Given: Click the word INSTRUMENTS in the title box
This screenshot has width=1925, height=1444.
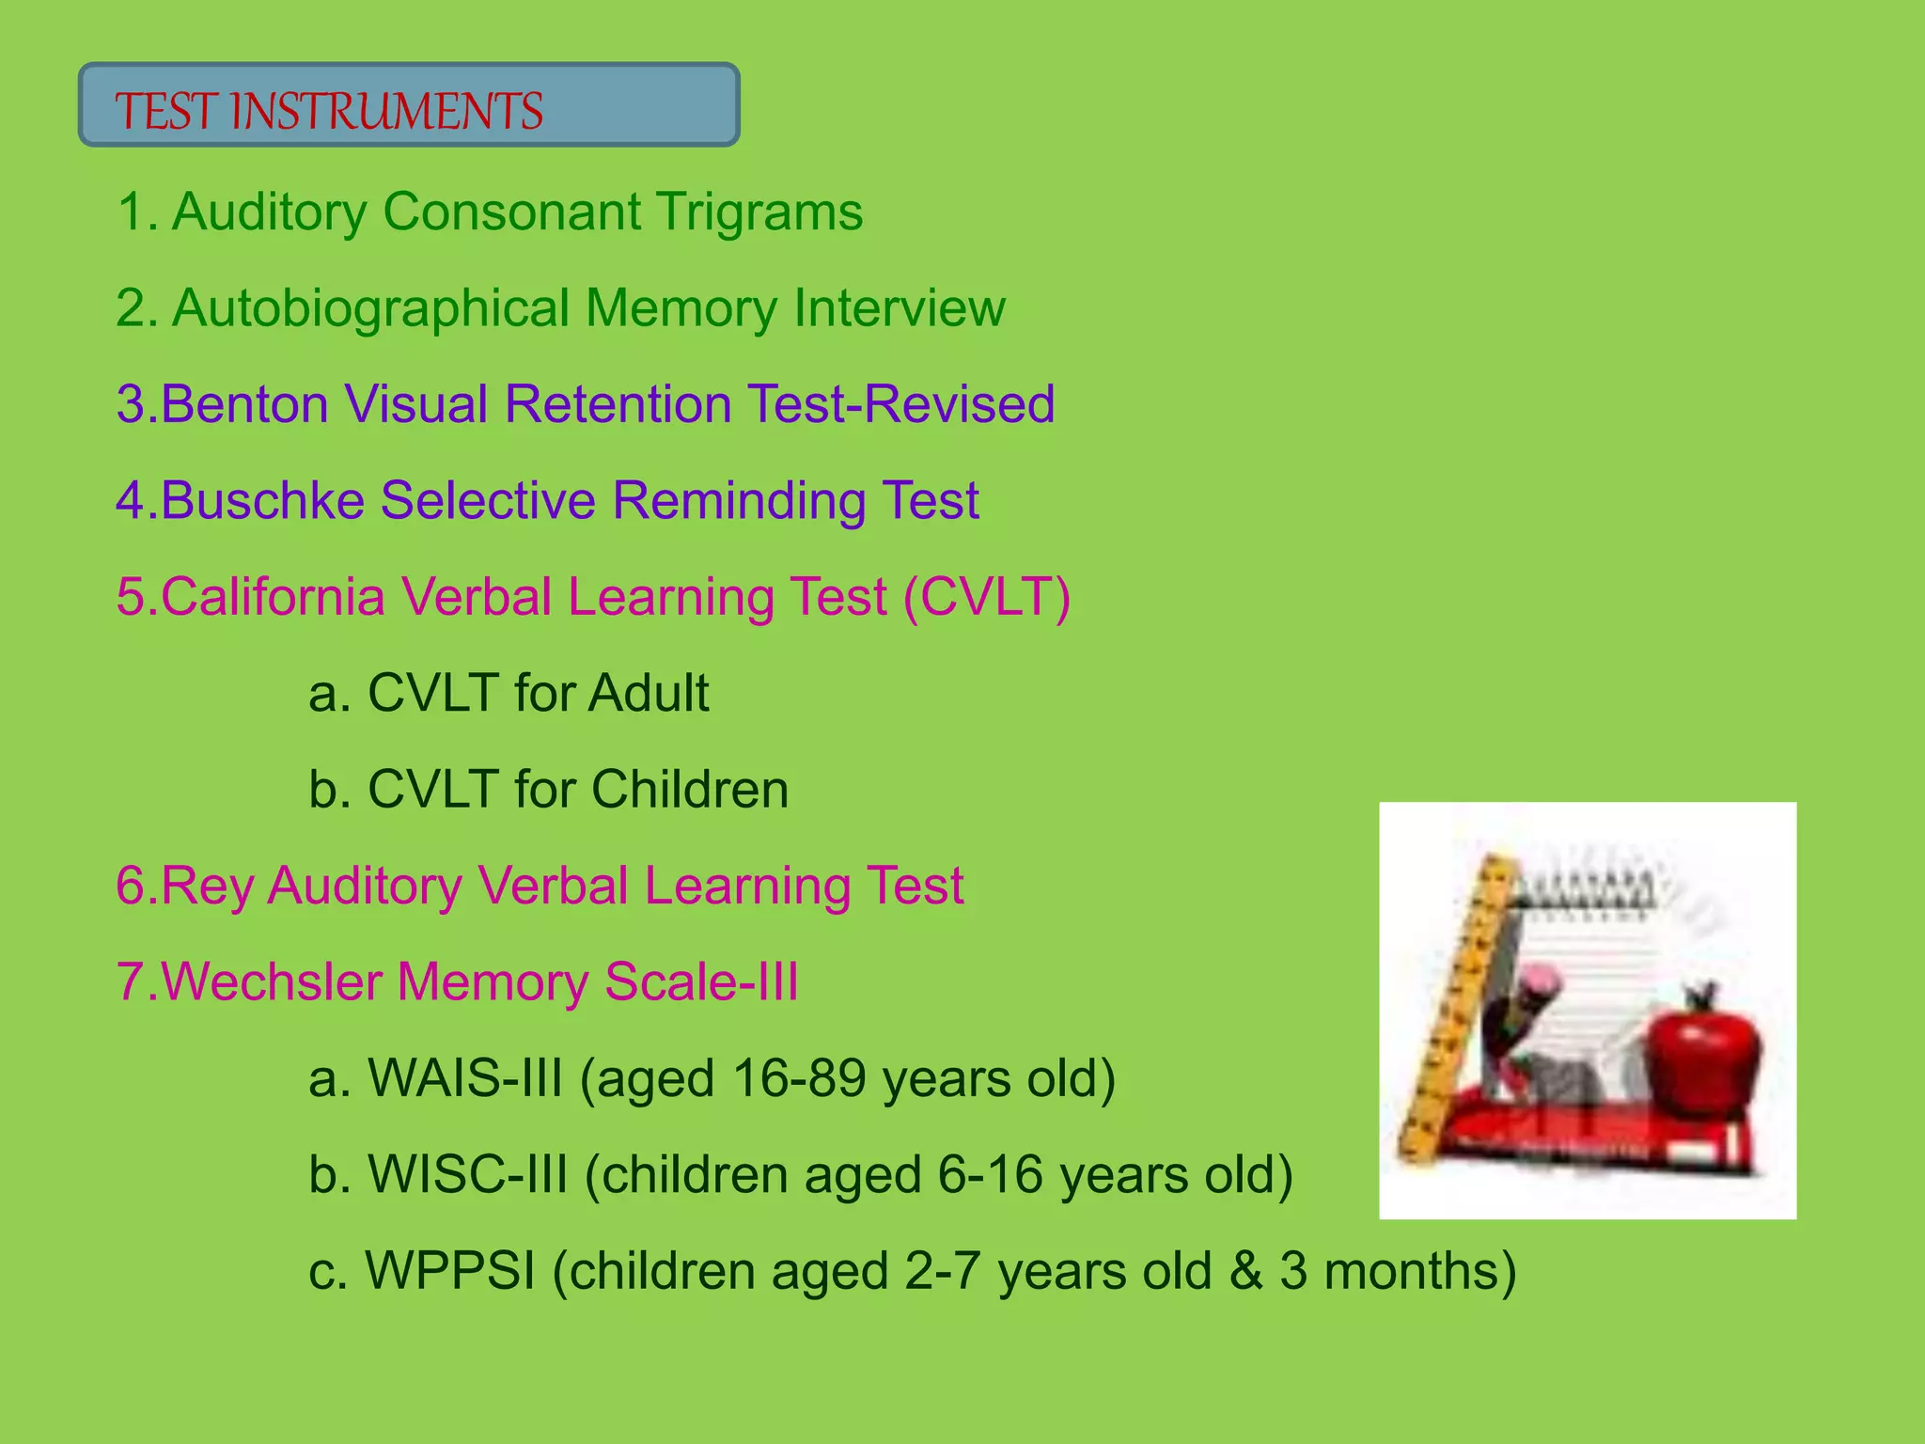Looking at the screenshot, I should tap(386, 111).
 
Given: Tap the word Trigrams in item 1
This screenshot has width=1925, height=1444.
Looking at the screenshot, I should tap(759, 212).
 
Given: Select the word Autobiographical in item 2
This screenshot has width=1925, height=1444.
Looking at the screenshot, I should tap(370, 308).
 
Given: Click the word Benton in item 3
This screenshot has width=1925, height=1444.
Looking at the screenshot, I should tap(244, 404).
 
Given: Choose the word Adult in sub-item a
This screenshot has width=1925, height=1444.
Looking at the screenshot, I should tap(649, 694).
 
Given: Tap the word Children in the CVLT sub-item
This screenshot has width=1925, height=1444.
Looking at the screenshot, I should tap(690, 790).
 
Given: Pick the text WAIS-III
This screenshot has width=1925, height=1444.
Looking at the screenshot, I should tap(464, 1078).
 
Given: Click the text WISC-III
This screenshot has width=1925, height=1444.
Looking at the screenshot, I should tap(467, 1175).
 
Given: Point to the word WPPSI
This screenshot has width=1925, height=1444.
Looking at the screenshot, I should tap(449, 1271).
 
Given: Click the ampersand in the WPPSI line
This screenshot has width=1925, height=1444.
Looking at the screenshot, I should tap(1245, 1271).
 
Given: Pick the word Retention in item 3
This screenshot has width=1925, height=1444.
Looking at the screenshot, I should tap(618, 404).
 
